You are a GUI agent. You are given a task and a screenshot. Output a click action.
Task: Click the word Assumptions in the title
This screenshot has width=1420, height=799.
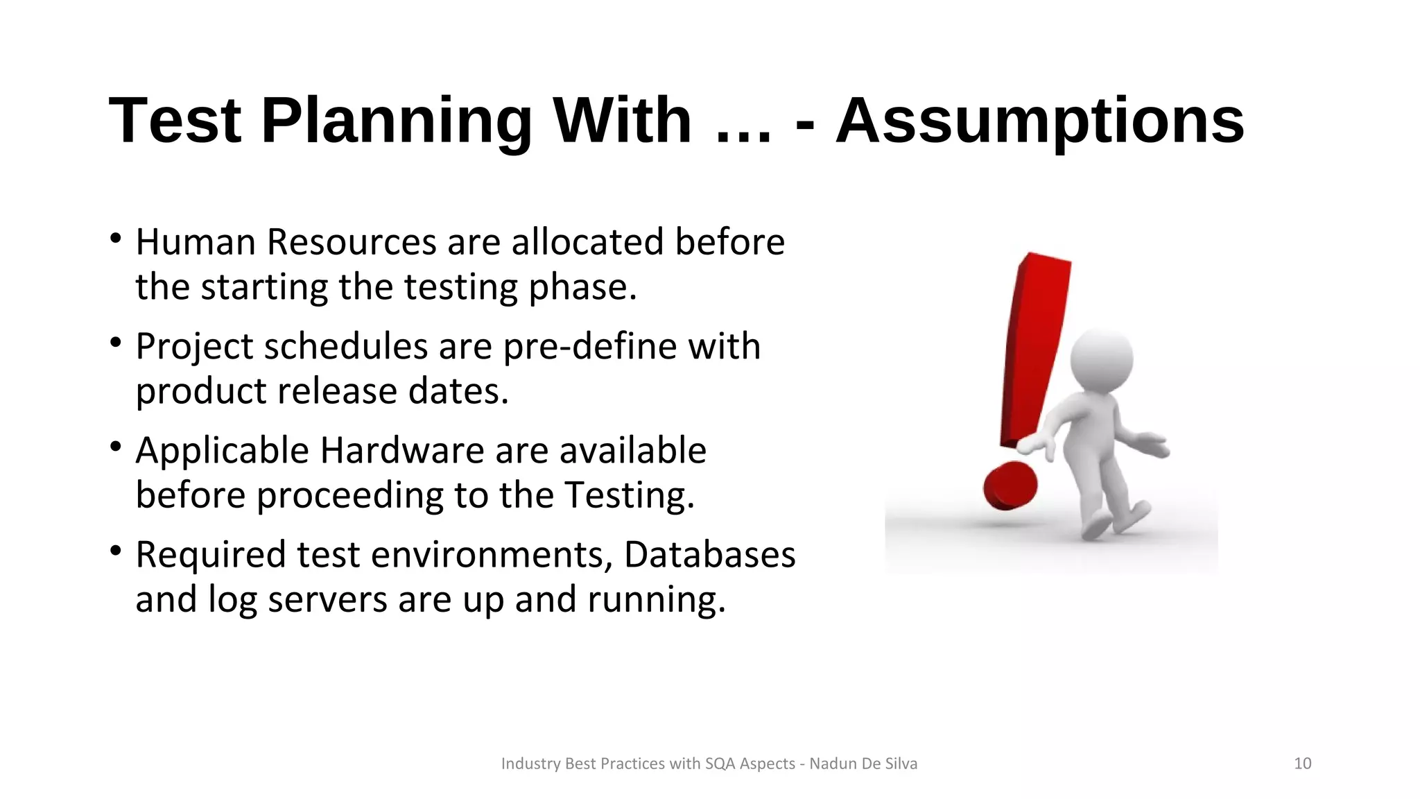pyautogui.click(x=1039, y=121)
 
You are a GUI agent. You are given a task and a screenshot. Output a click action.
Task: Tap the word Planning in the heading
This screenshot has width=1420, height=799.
pyautogui.click(x=396, y=121)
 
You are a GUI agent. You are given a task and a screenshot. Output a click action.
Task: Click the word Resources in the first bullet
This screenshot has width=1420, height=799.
pyautogui.click(x=352, y=242)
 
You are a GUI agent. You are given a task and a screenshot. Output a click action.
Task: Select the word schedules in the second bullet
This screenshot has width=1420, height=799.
pyautogui.click(x=345, y=346)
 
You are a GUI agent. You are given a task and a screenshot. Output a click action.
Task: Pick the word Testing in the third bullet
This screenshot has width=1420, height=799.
pyautogui.click(x=629, y=495)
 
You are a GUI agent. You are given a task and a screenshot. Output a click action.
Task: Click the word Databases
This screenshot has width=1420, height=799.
pyautogui.click(x=709, y=554)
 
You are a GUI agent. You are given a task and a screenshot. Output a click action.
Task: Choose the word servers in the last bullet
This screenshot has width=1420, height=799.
pyautogui.click(x=327, y=599)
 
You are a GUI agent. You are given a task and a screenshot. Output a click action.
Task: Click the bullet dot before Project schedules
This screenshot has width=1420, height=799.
pyautogui.click(x=116, y=343)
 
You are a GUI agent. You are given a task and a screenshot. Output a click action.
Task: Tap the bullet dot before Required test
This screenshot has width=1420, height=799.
pyautogui.click(x=116, y=552)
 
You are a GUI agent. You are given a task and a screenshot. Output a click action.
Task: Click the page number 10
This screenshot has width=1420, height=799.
pyautogui.click(x=1302, y=764)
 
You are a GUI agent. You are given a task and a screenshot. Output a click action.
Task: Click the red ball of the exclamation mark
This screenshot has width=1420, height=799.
pyautogui.click(x=1010, y=486)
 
